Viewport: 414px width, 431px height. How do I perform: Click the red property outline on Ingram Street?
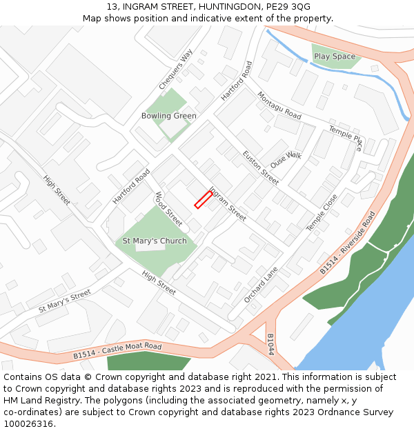click(x=203, y=199)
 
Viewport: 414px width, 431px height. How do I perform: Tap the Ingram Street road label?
click(x=227, y=204)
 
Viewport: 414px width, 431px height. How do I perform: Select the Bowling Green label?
click(x=169, y=116)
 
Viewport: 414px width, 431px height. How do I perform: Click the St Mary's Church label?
click(x=155, y=241)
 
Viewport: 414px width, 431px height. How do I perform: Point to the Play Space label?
click(x=335, y=57)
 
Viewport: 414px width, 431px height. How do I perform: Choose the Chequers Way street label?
click(x=175, y=70)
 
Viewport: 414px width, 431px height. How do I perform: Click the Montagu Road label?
click(x=279, y=105)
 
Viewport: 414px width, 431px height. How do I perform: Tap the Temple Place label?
click(x=345, y=138)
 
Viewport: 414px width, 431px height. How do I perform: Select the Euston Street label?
click(x=261, y=168)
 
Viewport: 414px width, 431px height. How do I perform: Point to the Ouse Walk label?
click(x=286, y=160)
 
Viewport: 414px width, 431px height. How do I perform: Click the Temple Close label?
click(x=322, y=212)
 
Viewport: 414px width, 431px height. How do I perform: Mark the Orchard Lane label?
click(x=261, y=285)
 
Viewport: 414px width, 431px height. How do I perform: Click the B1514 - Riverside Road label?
click(x=347, y=243)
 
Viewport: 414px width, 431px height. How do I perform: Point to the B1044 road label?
click(x=270, y=344)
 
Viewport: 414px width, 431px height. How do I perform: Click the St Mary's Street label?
click(x=65, y=301)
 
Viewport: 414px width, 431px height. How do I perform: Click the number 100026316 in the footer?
click(x=28, y=424)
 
